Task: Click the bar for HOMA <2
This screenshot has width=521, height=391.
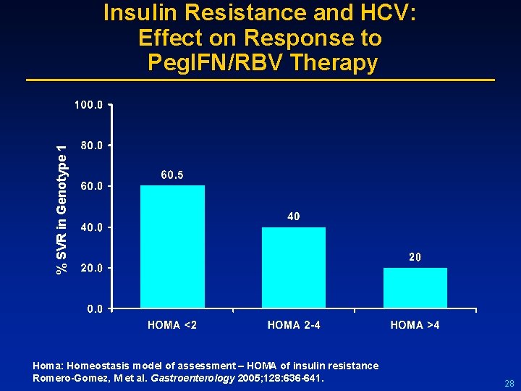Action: click(x=172, y=247)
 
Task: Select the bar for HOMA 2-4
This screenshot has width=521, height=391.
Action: click(x=294, y=268)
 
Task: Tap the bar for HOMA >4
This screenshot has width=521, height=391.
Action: click(x=415, y=288)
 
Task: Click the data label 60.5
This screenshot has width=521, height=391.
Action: click(x=172, y=175)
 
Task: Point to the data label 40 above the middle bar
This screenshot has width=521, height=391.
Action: click(x=294, y=216)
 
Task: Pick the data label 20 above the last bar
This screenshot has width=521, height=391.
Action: click(x=415, y=257)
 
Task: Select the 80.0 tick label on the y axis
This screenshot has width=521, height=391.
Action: click(x=91, y=146)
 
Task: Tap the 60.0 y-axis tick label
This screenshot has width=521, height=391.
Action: click(x=91, y=186)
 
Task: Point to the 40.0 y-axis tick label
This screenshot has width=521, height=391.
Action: click(x=91, y=227)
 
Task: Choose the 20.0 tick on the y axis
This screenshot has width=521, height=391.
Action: click(x=91, y=268)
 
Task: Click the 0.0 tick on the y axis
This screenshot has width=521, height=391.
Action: click(x=94, y=309)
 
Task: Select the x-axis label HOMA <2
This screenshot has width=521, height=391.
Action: click(x=172, y=325)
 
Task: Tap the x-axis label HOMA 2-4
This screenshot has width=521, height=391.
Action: click(x=294, y=325)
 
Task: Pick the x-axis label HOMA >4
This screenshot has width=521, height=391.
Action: click(x=415, y=325)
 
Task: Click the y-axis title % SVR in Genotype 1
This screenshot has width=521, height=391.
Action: click(x=63, y=209)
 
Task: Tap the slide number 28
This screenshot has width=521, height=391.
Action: click(x=509, y=383)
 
